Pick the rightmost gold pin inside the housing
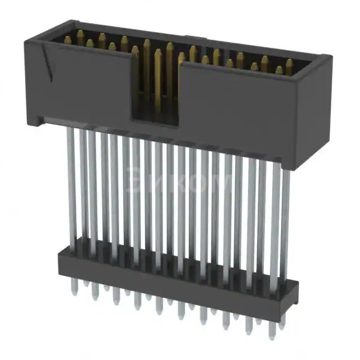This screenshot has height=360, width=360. tap(290, 65)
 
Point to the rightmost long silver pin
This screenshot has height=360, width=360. tap(285, 214)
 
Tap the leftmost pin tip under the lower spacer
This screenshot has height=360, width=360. tap(75, 286)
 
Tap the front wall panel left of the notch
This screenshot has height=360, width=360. tap(84, 84)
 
